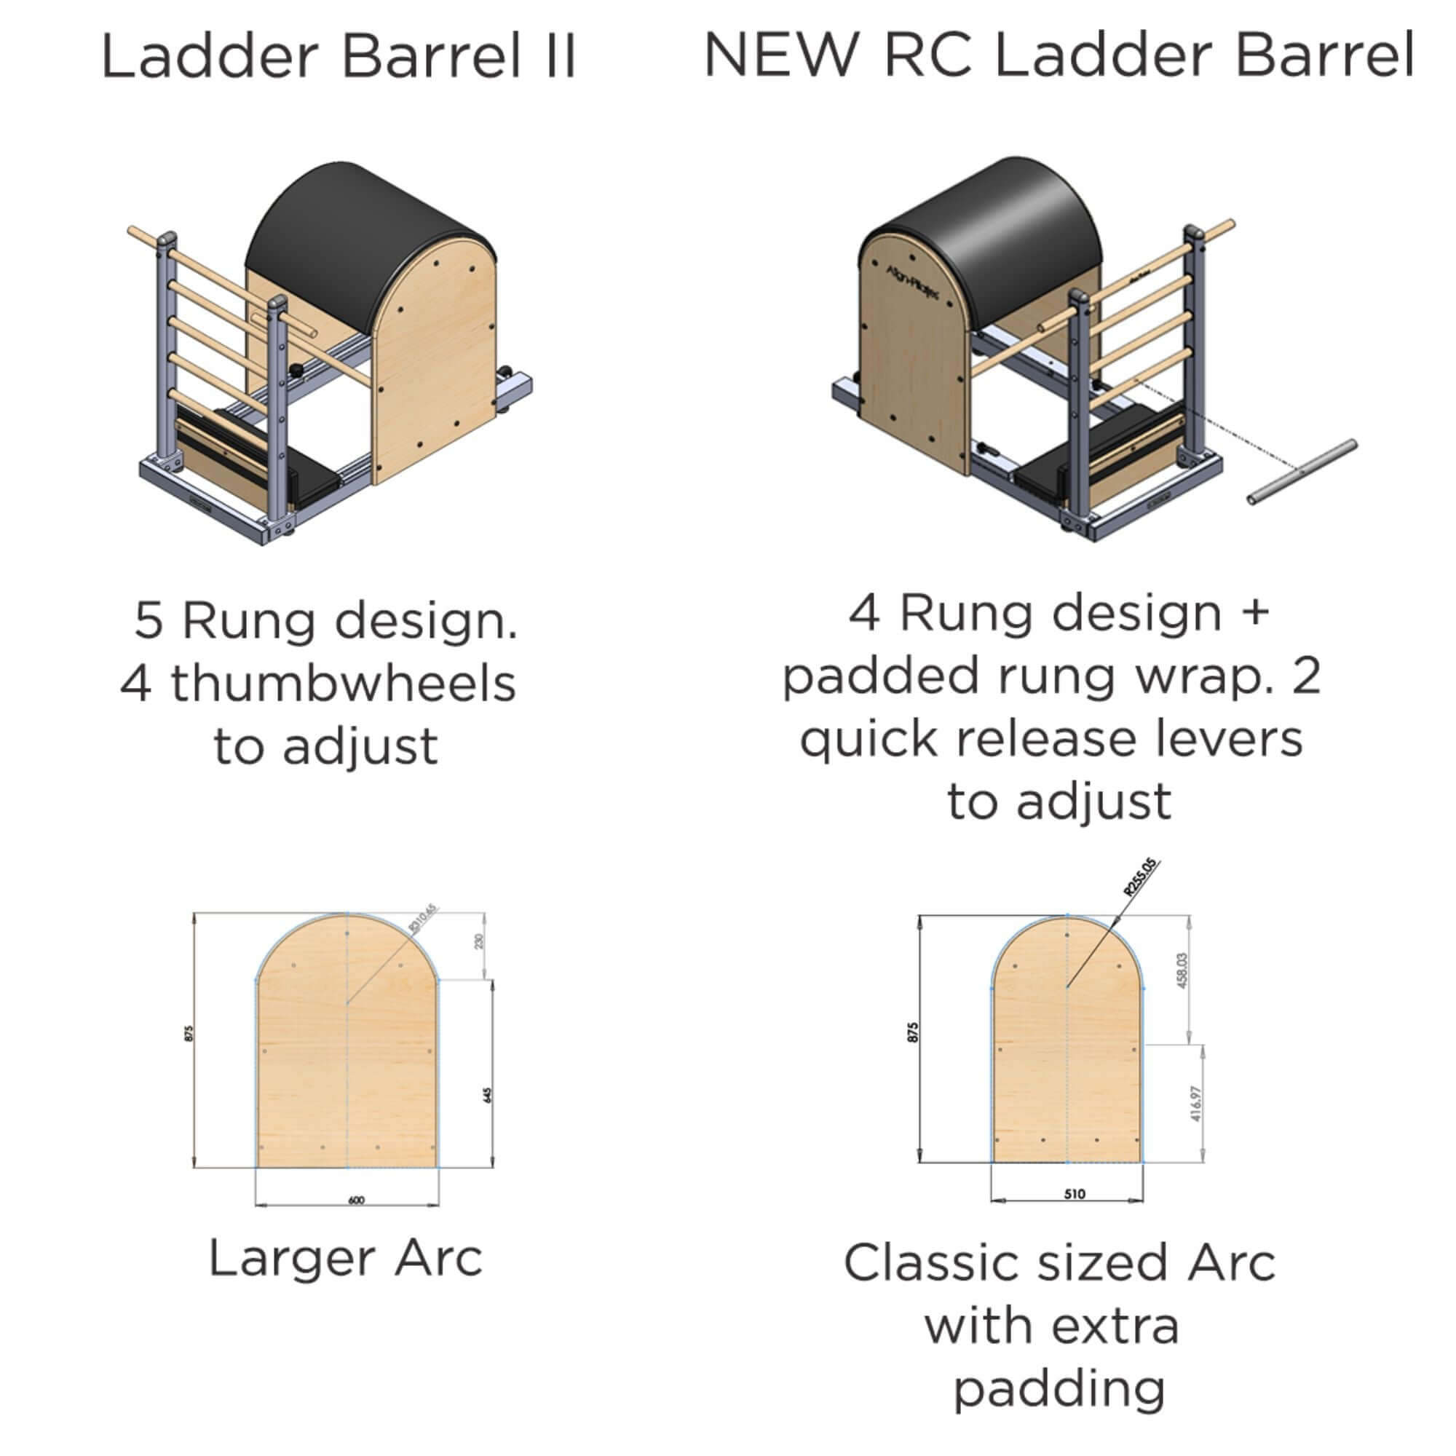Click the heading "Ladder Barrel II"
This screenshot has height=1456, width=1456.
[x=339, y=57]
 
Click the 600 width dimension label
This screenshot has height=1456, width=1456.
[x=357, y=1200]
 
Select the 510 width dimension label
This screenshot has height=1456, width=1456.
[x=1075, y=1194]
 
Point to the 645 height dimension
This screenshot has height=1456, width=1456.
[x=488, y=1094]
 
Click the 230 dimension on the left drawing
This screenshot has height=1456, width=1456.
[x=479, y=941]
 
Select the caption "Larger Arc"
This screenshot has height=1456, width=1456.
[x=345, y=1258]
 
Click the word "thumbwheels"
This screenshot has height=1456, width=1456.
[x=343, y=684]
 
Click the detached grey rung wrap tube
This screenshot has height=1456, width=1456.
[x=1302, y=472]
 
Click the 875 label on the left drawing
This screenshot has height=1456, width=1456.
[x=189, y=1033]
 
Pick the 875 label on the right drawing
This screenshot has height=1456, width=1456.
[x=913, y=1032]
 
